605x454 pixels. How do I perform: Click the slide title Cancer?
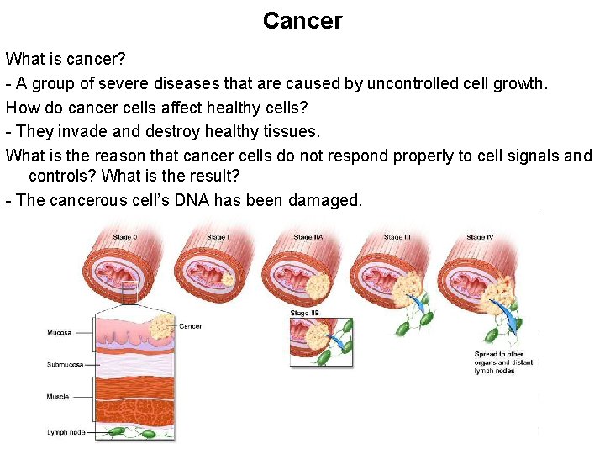[302, 21]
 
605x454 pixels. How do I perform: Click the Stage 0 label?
[125, 238]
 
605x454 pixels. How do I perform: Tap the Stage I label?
[217, 238]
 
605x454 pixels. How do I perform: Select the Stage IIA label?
[308, 238]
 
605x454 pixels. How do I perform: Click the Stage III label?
[397, 238]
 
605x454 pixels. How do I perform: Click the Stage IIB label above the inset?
[304, 313]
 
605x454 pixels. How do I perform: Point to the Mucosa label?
[59, 333]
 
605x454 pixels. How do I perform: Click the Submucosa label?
[63, 364]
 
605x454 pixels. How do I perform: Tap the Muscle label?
[58, 396]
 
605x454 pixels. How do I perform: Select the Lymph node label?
[65, 432]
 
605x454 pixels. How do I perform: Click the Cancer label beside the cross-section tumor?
[191, 326]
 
